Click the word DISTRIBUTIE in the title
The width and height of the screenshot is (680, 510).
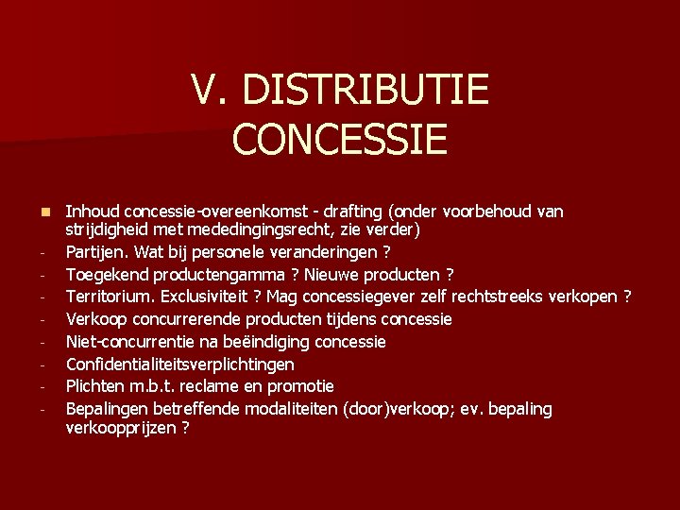tap(365, 92)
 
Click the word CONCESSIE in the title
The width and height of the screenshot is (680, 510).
tap(339, 138)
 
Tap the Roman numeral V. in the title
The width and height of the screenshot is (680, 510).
tap(210, 92)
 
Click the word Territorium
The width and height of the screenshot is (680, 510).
tap(107, 297)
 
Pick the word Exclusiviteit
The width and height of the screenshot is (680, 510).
tap(206, 297)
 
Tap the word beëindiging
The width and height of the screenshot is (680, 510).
tap(269, 341)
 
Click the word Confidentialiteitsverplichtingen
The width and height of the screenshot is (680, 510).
tap(179, 364)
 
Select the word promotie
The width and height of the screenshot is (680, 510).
tap(300, 386)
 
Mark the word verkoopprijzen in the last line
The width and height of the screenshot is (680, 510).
tap(121, 427)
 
